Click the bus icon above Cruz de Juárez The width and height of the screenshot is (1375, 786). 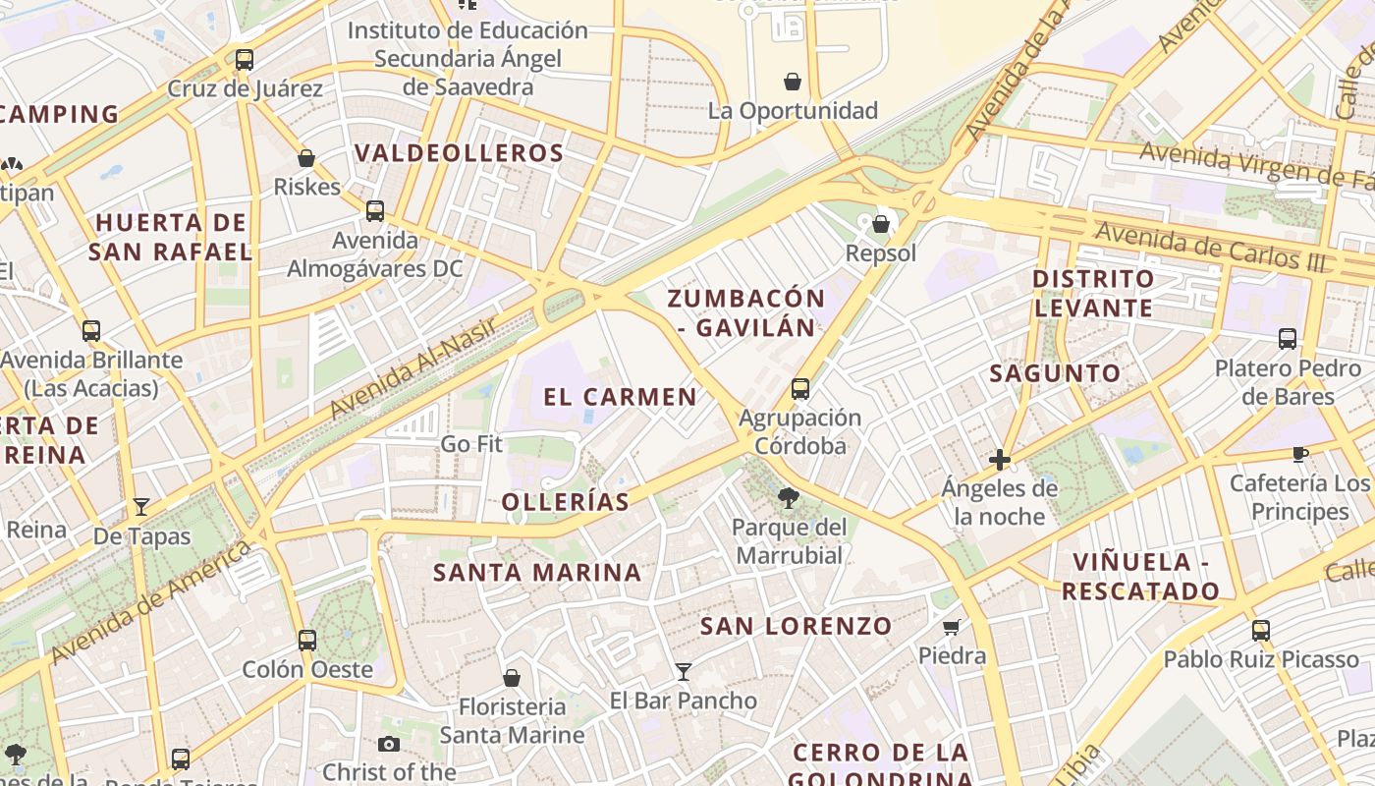245,60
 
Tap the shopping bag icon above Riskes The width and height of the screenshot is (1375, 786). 306,158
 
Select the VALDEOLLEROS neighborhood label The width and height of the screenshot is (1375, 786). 459,153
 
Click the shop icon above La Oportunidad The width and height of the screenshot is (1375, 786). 793,82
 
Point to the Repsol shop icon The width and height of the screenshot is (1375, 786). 881,225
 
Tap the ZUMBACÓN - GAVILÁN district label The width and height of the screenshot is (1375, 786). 746,312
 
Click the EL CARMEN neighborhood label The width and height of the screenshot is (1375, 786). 620,397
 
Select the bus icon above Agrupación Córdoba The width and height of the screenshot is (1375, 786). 800,389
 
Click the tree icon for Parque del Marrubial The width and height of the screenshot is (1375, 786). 788,498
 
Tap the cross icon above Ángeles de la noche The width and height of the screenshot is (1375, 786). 1000,459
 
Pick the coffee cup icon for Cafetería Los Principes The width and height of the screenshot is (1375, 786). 1300,454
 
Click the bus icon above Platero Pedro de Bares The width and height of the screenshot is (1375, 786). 1288,339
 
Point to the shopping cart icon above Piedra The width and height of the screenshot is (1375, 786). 951,627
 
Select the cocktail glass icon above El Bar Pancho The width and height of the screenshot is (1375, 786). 684,672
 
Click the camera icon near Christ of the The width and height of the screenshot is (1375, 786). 389,744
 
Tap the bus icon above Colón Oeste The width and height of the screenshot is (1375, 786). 307,641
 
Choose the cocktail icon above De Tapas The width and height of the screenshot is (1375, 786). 141,507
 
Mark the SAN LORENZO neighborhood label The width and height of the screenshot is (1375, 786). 796,626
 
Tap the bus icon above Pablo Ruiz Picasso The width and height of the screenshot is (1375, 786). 1261,630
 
